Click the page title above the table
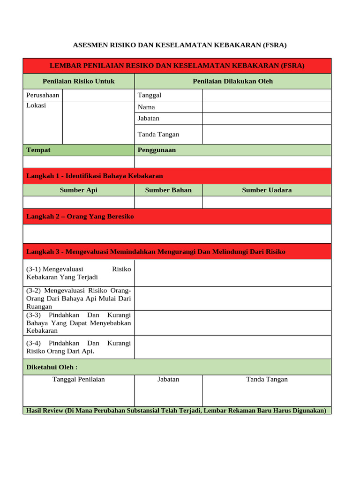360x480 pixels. click(x=180, y=45)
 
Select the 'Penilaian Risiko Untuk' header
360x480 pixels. click(x=79, y=81)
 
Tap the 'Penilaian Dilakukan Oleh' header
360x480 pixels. click(x=232, y=81)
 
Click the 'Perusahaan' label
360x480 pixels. click(x=43, y=95)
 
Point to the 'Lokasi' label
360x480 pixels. click(x=36, y=105)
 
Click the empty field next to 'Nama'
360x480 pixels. click(x=266, y=107)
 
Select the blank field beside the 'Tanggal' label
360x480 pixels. click(x=266, y=95)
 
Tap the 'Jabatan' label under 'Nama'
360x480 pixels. click(x=149, y=119)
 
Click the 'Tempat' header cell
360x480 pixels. click(x=38, y=150)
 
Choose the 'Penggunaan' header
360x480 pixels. click(x=157, y=150)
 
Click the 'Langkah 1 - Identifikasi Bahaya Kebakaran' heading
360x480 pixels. click(x=95, y=176)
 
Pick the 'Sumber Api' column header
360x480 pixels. click(x=79, y=190)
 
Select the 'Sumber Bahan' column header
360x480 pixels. click(x=168, y=190)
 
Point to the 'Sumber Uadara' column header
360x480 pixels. click(x=267, y=190)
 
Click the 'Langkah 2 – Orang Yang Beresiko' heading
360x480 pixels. click(x=80, y=217)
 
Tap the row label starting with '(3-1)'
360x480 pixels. click(x=79, y=273)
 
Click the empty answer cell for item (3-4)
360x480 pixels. click(x=232, y=347)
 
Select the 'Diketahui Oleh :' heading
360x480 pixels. click(x=52, y=367)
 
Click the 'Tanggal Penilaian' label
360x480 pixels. click(x=79, y=379)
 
